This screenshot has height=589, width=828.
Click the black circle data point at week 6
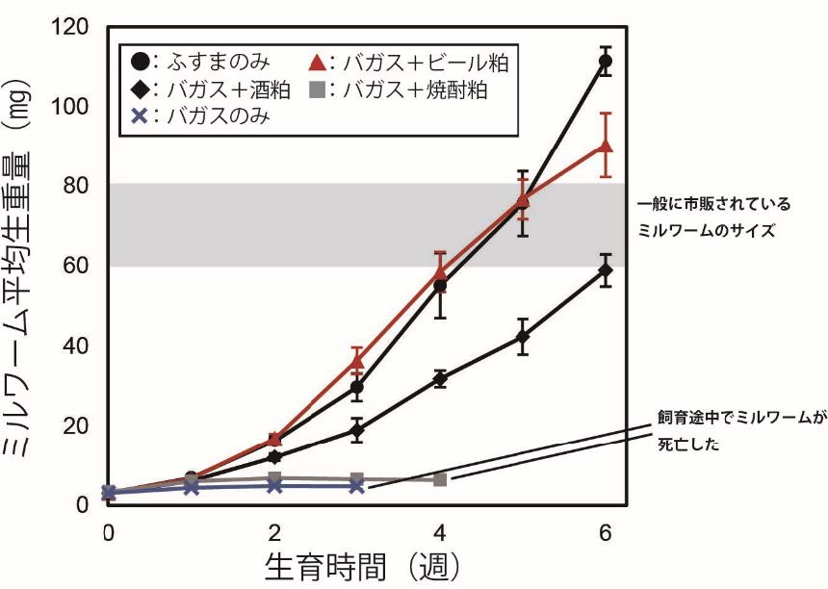click(605, 62)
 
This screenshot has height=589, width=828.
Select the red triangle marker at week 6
click(605, 145)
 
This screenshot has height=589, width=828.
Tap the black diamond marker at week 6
click(605, 270)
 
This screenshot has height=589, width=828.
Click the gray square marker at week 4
click(440, 479)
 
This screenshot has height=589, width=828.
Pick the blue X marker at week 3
click(357, 486)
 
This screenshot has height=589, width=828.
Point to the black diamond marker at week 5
click(523, 338)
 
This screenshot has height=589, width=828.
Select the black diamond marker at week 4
click(440, 379)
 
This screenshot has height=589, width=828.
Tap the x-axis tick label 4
click(440, 531)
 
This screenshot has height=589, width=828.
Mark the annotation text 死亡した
click(686, 446)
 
